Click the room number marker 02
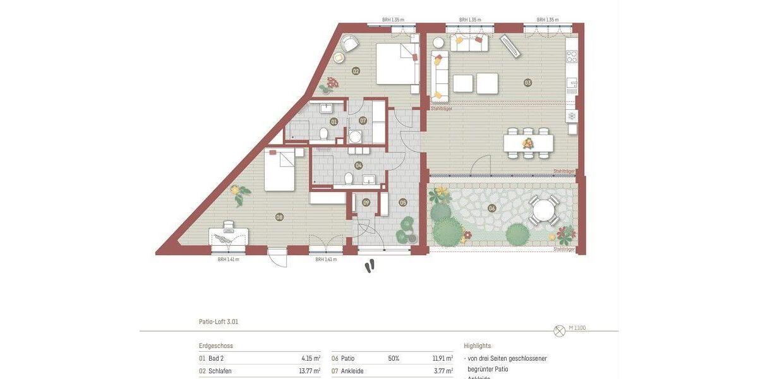point(356,71)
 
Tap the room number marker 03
point(528,83)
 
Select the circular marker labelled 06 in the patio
point(492,208)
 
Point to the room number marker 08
point(279,217)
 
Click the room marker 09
point(366,203)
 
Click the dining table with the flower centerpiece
point(528,143)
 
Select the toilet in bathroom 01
point(323,133)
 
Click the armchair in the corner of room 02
point(349,44)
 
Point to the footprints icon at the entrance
point(370,267)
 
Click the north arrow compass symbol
point(558,330)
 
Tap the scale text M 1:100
point(577,328)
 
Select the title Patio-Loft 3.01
point(219,322)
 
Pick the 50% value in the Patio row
point(394,358)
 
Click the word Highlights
point(477,346)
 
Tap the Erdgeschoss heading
point(215,346)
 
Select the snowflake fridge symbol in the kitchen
point(572,116)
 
